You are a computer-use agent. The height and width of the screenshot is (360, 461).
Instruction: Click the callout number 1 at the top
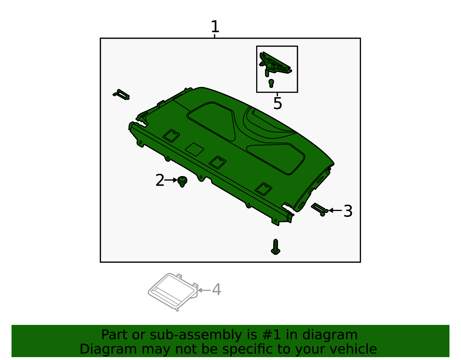215,27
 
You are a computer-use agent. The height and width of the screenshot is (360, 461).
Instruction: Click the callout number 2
160,180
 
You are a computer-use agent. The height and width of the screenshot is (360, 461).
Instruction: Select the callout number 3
348,211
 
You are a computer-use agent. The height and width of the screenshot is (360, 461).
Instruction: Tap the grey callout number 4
216,290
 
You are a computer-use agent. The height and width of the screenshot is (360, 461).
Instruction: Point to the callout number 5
277,103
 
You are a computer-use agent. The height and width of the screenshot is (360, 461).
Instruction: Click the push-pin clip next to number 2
182,181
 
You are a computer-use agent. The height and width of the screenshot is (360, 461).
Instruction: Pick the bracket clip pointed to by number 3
319,209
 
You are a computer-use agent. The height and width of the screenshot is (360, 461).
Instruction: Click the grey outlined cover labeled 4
172,292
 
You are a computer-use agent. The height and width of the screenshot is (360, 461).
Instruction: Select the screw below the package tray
276,247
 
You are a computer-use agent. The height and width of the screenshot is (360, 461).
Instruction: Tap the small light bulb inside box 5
271,83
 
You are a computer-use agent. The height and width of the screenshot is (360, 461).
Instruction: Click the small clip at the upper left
121,95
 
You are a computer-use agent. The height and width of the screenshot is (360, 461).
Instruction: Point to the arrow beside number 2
171,180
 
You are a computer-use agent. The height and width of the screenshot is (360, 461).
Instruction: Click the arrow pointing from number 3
335,210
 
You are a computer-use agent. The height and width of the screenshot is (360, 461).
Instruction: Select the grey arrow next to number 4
204,290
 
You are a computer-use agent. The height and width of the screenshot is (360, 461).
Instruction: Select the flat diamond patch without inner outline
194,149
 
